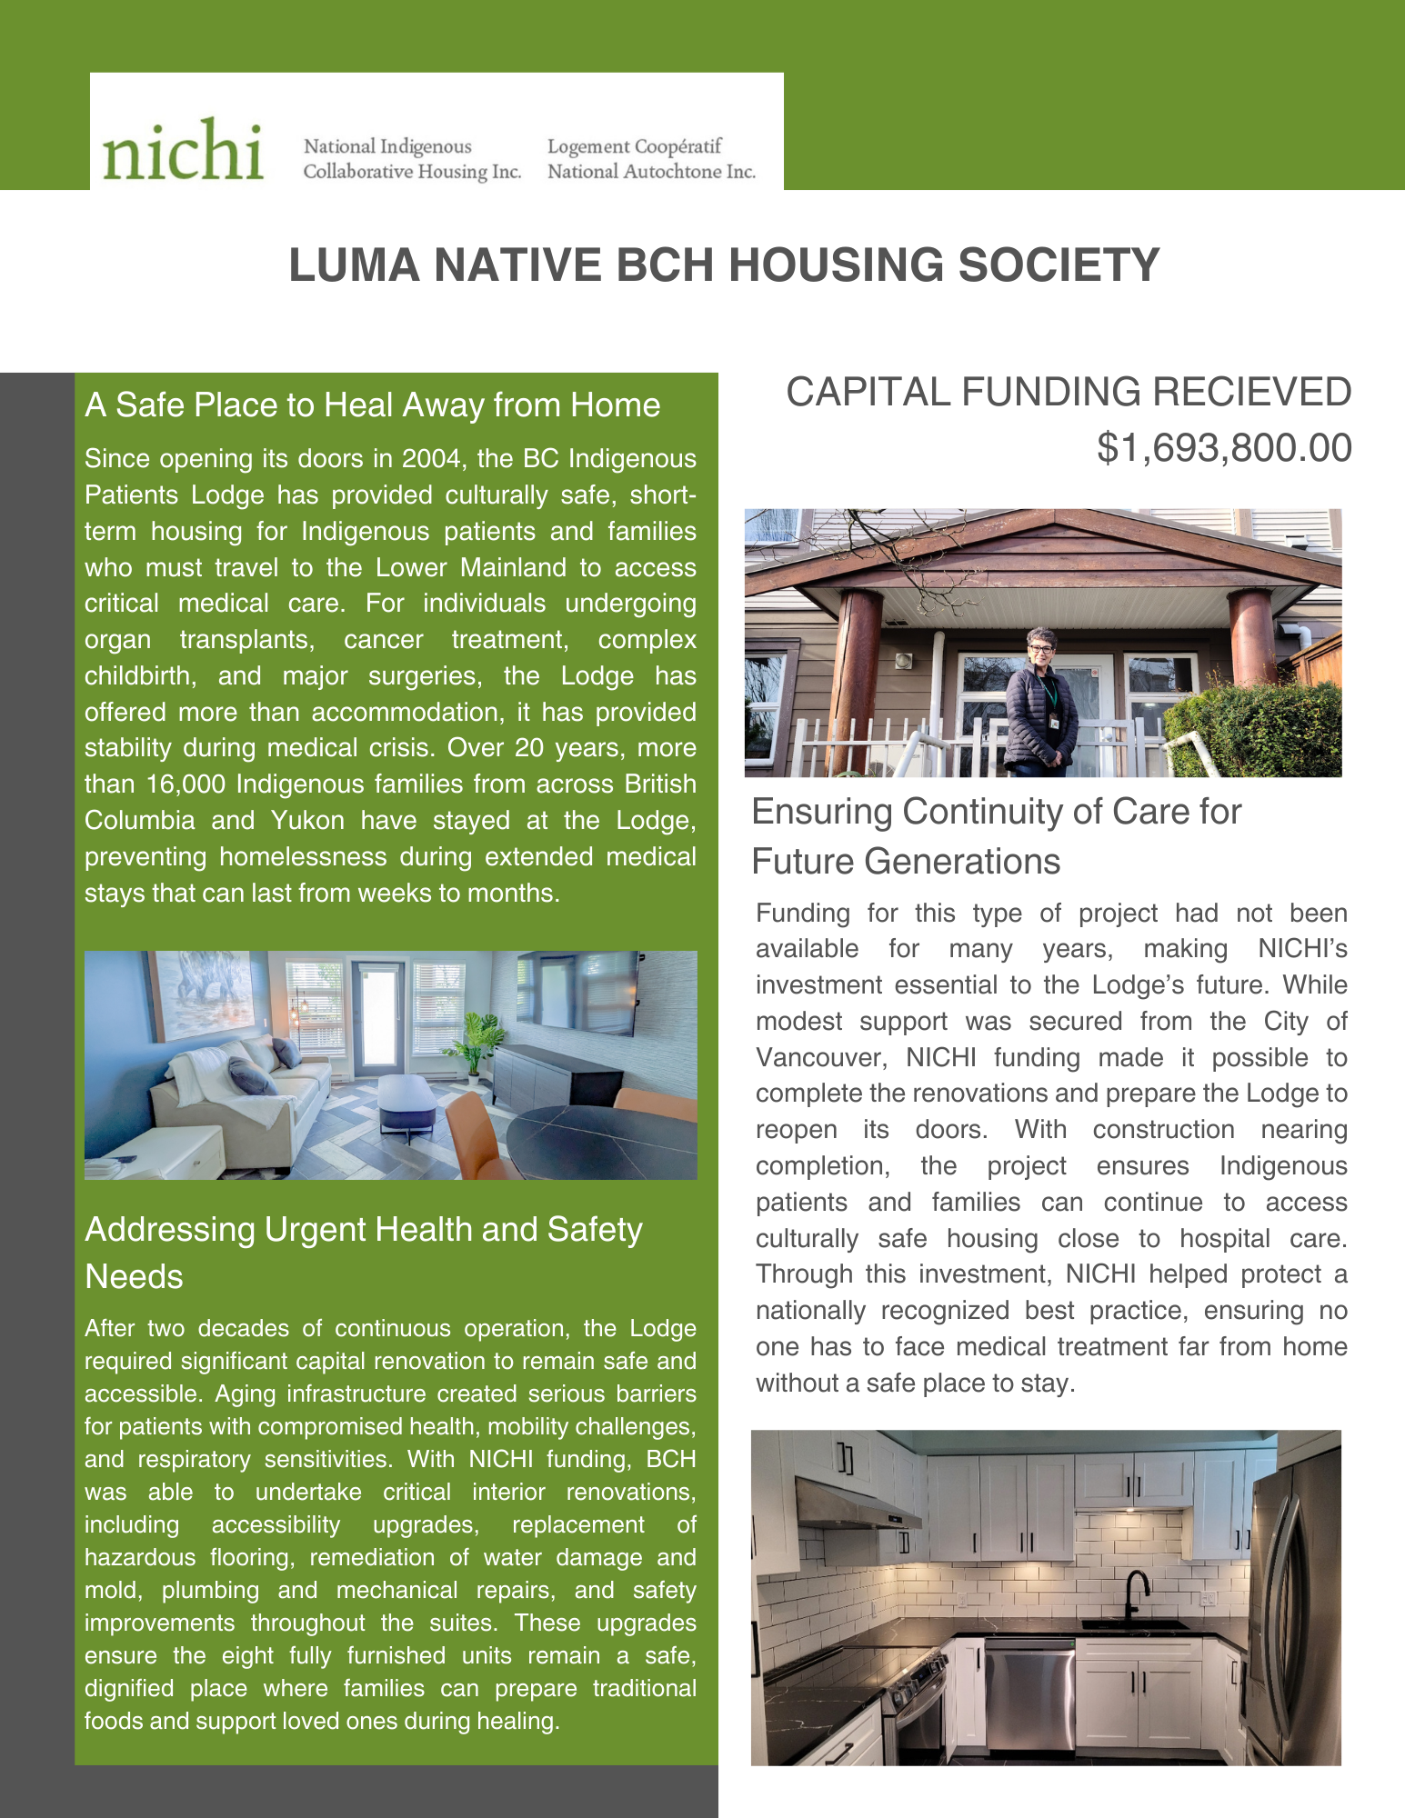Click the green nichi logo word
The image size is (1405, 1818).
[183, 150]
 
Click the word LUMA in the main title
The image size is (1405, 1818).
[354, 265]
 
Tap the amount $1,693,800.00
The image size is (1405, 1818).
[1224, 448]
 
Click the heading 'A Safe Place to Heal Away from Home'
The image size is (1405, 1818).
[372, 405]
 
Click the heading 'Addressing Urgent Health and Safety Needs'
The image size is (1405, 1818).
[363, 1253]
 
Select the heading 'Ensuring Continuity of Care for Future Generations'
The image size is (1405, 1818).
[996, 836]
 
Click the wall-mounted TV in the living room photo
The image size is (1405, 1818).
[577, 992]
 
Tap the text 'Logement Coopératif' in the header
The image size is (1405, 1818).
[634, 146]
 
